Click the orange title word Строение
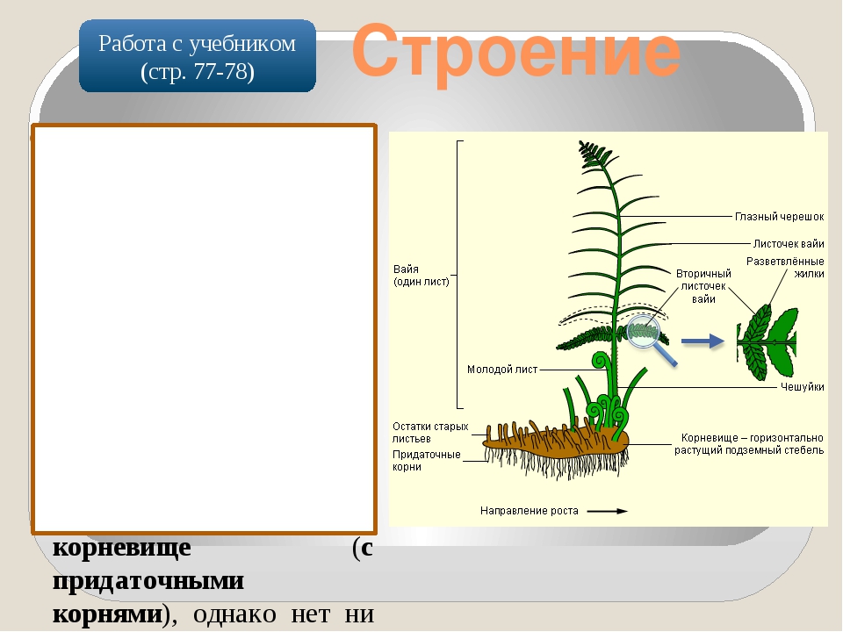(516, 52)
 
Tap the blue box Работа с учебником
(198, 56)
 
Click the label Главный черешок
(779, 217)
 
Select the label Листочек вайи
(789, 243)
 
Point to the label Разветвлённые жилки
(785, 267)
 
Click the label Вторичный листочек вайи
(703, 286)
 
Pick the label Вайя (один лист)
(421, 275)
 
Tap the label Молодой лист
(502, 370)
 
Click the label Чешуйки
(802, 386)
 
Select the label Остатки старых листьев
(430, 432)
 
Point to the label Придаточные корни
(427, 461)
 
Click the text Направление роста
(529, 511)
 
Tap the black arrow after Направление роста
(608, 511)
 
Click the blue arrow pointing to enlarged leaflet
(702, 341)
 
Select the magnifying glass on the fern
(650, 339)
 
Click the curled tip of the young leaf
(600, 361)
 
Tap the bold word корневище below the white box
(122, 548)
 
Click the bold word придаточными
(148, 581)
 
